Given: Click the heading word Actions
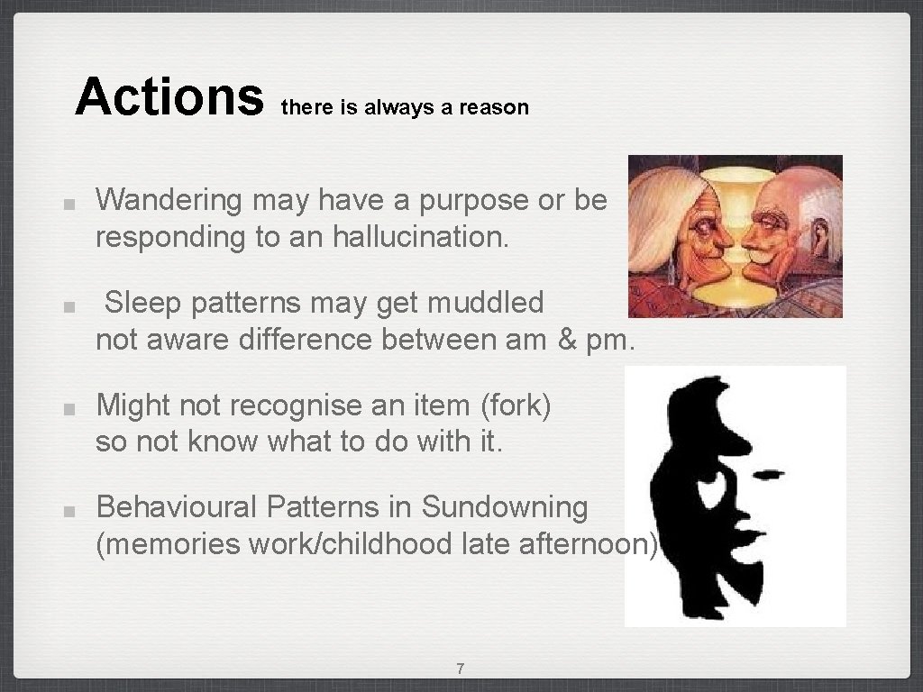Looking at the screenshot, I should coord(168,97).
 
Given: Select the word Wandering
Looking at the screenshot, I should coord(169,200).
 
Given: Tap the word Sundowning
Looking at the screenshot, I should coord(504,506).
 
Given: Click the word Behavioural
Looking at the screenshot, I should coord(177,506).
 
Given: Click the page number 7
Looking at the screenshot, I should coord(461,669).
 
